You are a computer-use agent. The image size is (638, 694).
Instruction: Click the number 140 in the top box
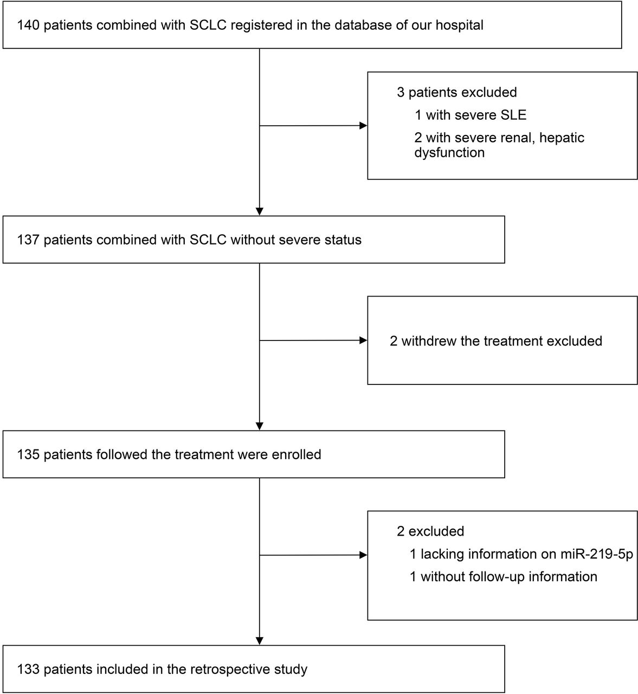pyautogui.click(x=28, y=25)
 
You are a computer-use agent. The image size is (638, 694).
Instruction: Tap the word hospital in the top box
pyautogui.click(x=460, y=25)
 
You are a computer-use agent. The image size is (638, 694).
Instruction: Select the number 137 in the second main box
pyautogui.click(x=28, y=240)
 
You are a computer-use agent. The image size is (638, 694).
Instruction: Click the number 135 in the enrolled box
pyautogui.click(x=28, y=454)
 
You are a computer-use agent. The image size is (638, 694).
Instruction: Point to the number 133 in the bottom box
pyautogui.click(x=28, y=669)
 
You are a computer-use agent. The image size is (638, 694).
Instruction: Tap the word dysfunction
pyautogui.click(x=449, y=152)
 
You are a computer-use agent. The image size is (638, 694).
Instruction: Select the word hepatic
pyautogui.click(x=562, y=138)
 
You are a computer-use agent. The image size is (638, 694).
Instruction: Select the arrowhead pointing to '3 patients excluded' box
pyautogui.click(x=363, y=126)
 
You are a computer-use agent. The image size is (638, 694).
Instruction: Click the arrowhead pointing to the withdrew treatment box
pyautogui.click(x=363, y=340)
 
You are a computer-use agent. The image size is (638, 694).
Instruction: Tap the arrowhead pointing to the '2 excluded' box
pyautogui.click(x=363, y=555)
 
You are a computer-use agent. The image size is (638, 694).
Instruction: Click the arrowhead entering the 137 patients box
pyautogui.click(x=260, y=212)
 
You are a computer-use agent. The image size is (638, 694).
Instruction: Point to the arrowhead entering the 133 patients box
pyautogui.click(x=260, y=641)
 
